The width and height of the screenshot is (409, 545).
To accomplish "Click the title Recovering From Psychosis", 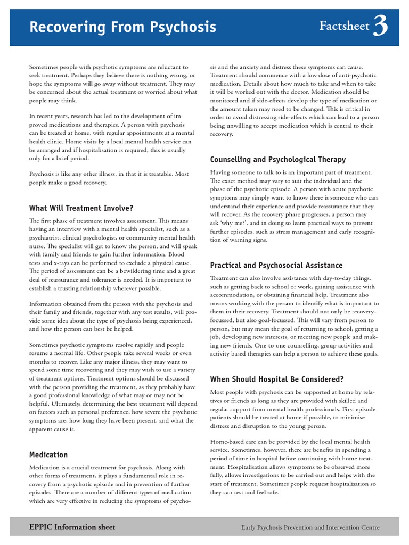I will click(122, 27).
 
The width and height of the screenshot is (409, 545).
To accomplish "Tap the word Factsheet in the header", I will click(344, 26).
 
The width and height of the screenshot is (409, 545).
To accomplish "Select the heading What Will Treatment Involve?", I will click(81, 208).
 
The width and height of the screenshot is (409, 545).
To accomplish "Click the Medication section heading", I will click(48, 455).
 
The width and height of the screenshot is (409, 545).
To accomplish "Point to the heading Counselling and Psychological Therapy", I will click(277, 159).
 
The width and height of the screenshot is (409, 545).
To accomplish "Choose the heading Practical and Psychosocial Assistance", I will click(276, 265).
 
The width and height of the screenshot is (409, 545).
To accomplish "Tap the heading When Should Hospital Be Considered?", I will click(277, 379).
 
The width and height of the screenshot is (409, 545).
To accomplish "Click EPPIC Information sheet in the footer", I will click(72, 527).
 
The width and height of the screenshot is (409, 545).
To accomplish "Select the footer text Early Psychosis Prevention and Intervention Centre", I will click(310, 527).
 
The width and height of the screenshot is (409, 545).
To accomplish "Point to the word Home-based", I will click(230, 442).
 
